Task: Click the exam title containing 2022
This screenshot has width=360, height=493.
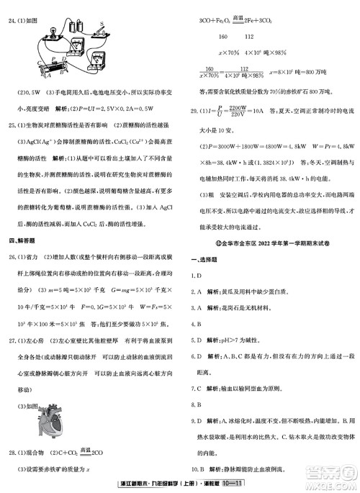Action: pyautogui.click(x=269, y=246)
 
